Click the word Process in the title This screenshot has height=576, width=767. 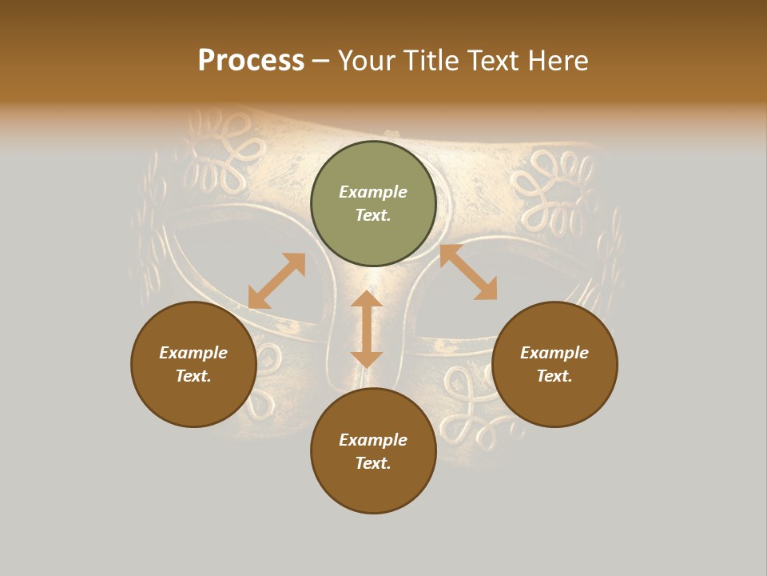pyautogui.click(x=251, y=61)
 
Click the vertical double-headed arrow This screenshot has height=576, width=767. pyautogui.click(x=367, y=329)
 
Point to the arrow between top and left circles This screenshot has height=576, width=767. pyautogui.click(x=276, y=281)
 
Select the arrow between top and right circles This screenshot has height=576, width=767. pyautogui.click(x=468, y=272)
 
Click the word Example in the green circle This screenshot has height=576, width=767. pyautogui.click(x=373, y=192)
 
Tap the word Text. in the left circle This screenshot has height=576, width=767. pyautogui.click(x=193, y=376)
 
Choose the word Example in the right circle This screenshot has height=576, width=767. pyautogui.click(x=554, y=353)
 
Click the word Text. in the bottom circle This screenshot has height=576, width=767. pyautogui.click(x=373, y=463)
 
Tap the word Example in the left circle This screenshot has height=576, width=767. pyautogui.click(x=193, y=353)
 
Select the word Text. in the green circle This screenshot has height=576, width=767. pyautogui.click(x=373, y=215)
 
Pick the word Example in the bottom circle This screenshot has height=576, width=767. pyautogui.click(x=373, y=440)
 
